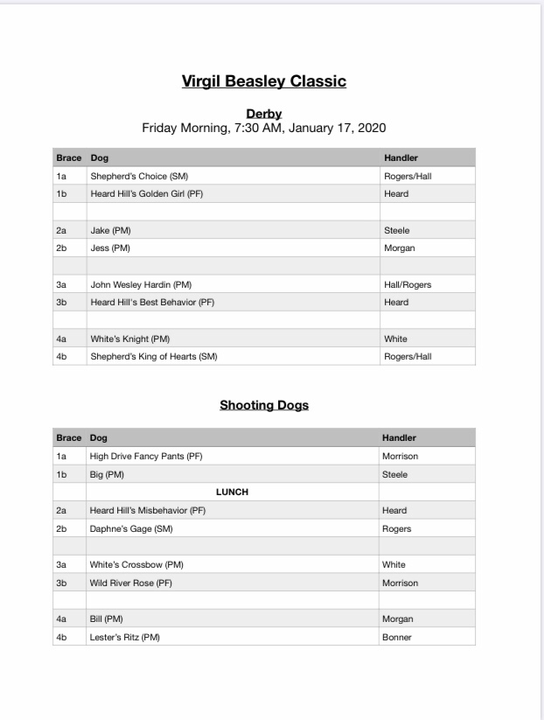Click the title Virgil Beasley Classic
tap(263, 81)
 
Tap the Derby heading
tap(263, 114)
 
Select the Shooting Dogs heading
tap(263, 405)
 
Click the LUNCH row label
tap(233, 493)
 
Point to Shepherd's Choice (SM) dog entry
tap(139, 176)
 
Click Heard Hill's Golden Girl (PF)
tap(147, 194)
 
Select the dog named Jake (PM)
tap(110, 231)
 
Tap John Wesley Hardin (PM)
tap(141, 285)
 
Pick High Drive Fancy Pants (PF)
tap(146, 456)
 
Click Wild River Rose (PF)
tap(131, 583)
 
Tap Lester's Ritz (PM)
tap(125, 637)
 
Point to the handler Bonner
tap(397, 637)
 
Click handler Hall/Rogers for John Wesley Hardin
tap(408, 285)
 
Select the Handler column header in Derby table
tap(401, 158)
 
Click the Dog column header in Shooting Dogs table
tap(98, 437)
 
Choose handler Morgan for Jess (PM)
tap(399, 248)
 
